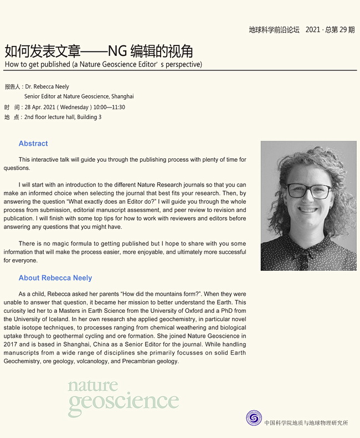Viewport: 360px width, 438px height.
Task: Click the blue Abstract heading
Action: click(x=33, y=143)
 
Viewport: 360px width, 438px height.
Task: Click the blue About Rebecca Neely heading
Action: click(x=55, y=278)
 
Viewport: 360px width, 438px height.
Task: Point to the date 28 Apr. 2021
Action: click(x=39, y=107)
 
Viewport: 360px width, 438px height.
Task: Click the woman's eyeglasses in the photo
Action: click(x=308, y=192)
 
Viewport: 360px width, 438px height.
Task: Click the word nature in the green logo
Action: click(x=92, y=385)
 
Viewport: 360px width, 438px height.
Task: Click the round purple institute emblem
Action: click(x=254, y=418)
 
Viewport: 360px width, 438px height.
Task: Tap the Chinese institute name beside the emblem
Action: click(x=306, y=423)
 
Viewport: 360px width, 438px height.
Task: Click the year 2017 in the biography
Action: click(x=11, y=344)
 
